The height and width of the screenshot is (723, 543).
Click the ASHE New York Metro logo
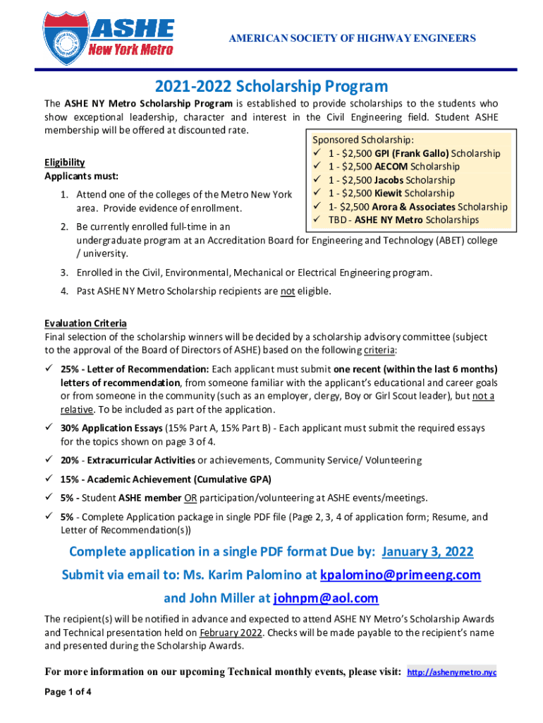tap(109, 36)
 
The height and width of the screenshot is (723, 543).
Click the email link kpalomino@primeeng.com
tap(401, 575)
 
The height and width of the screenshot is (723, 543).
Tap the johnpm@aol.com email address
tap(326, 598)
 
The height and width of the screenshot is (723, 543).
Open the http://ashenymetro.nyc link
tap(452, 672)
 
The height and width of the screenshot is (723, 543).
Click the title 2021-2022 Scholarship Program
tap(271, 87)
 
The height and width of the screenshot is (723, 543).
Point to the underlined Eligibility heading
tap(65, 162)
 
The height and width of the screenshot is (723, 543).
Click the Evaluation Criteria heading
tap(85, 323)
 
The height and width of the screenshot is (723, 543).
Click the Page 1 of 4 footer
tap(68, 692)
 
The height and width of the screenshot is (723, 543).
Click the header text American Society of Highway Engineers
tap(352, 38)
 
